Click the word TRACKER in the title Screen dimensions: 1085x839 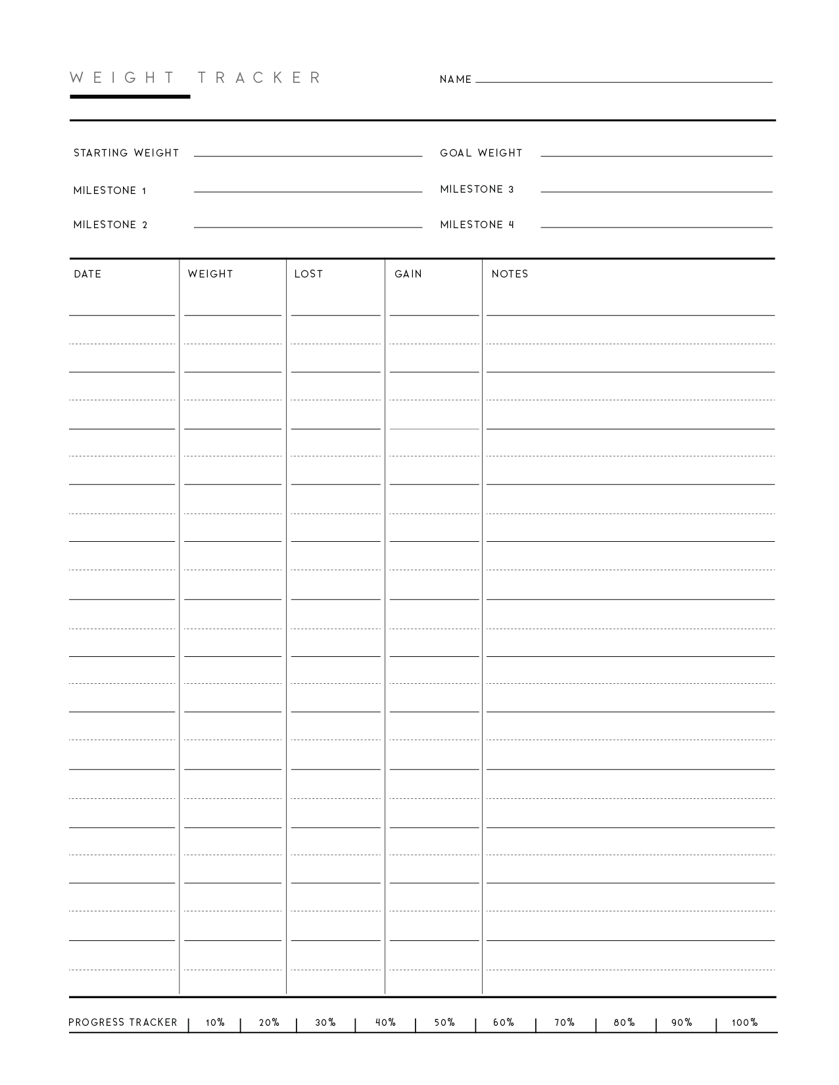point(260,78)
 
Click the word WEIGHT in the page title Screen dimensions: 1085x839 point(122,78)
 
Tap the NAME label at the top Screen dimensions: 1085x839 point(456,80)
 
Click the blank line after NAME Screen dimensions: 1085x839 point(623,81)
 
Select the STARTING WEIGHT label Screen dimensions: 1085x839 point(126,153)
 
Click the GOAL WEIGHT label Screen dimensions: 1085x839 point(481,153)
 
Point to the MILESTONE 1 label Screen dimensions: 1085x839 point(110,191)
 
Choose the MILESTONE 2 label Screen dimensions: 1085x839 point(110,225)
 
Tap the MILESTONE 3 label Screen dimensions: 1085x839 point(477,189)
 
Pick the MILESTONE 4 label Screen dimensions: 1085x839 point(477,225)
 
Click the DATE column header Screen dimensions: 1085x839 point(87,274)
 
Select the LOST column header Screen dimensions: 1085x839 point(308,274)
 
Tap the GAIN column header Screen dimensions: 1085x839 point(408,274)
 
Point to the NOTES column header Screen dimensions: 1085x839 point(510,274)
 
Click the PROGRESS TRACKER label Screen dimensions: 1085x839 point(123,1023)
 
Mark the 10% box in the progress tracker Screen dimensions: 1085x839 point(215,1023)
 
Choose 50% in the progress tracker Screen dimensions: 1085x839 point(444,1023)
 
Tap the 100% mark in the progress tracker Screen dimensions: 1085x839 point(744,1023)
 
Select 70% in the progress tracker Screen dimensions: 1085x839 point(564,1023)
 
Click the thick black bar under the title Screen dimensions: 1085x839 point(130,97)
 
